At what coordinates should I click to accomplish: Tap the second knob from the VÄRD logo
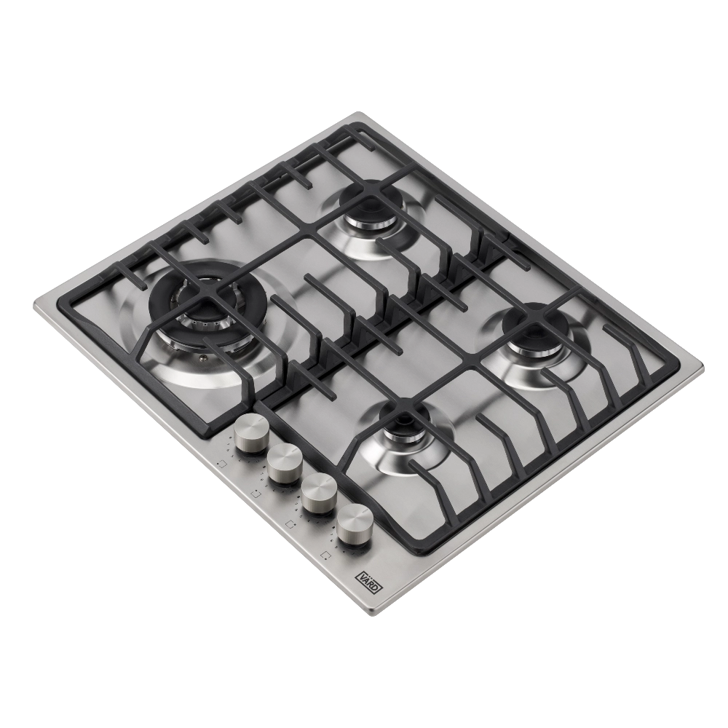point(319,493)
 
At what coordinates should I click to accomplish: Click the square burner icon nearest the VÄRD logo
point(327,554)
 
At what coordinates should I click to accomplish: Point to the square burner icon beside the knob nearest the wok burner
point(221,463)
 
